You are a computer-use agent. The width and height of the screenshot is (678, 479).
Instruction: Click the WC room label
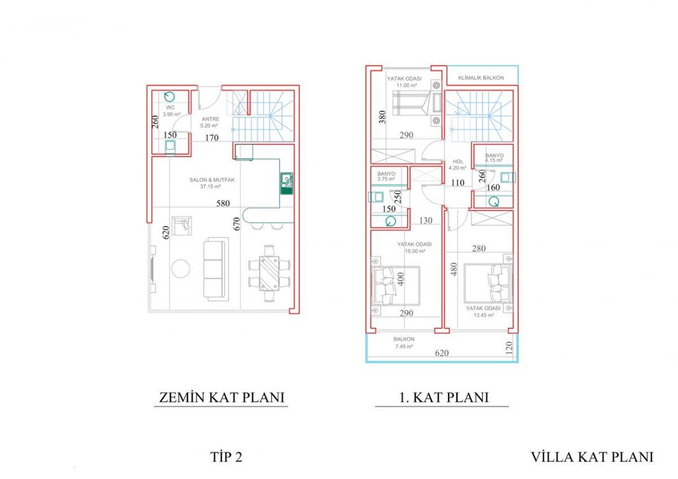pos(171,107)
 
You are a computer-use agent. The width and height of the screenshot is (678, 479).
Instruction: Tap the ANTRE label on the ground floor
pos(211,119)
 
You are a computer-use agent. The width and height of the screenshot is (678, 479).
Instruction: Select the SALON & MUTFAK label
pos(212,180)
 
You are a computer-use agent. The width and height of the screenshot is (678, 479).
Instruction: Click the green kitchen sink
pos(286,184)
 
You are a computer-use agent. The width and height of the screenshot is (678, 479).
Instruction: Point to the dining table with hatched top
pos(269,273)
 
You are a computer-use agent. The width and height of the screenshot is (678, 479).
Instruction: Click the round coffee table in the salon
pos(181,269)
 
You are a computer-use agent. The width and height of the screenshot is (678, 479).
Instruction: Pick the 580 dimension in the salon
pos(223,203)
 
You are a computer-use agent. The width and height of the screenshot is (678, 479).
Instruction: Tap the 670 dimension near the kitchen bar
pos(237,224)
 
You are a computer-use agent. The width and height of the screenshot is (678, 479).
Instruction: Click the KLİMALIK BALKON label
pos(481,78)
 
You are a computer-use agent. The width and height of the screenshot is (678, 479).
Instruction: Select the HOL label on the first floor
pos(458,162)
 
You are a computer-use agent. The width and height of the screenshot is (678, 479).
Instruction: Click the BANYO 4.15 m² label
pos(494,158)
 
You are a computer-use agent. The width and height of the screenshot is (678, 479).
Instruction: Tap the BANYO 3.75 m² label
pos(386,176)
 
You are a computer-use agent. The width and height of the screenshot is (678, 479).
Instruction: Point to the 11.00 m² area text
pos(407,85)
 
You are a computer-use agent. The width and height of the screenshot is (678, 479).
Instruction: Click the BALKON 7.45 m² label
pos(404,343)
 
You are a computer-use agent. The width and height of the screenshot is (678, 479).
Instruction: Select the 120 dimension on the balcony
pos(509,348)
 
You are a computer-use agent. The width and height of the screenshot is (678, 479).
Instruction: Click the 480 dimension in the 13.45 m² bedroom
pos(454,269)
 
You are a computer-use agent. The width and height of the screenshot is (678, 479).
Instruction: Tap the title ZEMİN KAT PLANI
pos(221,398)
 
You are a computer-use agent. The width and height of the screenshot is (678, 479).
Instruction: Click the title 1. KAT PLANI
pos(444,398)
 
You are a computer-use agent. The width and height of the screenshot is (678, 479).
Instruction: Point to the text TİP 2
pos(227,457)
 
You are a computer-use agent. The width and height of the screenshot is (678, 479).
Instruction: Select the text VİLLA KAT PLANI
pos(592,457)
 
